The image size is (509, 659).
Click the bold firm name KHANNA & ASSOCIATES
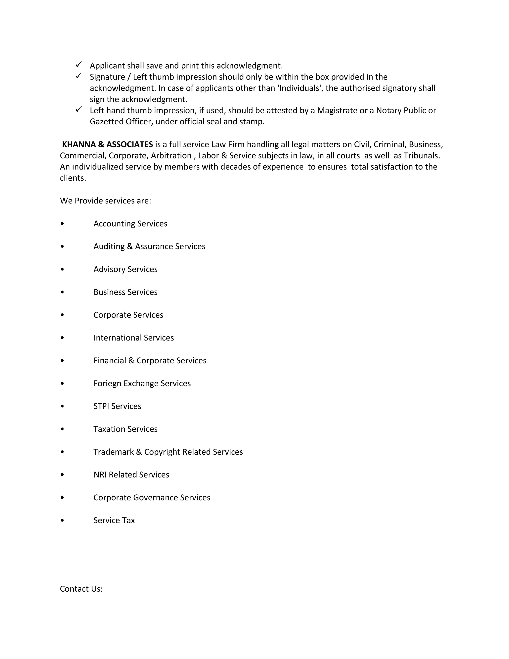click(107, 144)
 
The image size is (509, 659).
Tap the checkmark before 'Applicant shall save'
click(79, 65)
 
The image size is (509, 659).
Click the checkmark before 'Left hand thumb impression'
click(79, 109)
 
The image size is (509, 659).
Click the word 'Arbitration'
click(171, 156)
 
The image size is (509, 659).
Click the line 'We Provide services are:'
click(106, 201)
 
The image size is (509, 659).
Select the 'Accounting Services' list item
click(130, 224)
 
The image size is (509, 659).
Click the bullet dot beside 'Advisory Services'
click(62, 269)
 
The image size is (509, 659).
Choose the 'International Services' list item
click(133, 338)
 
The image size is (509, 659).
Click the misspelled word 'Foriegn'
click(107, 383)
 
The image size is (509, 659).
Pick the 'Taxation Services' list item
click(126, 429)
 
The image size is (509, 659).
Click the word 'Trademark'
click(113, 452)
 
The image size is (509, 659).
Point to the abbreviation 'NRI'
click(100, 475)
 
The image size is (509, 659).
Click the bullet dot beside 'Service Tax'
click(62, 520)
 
